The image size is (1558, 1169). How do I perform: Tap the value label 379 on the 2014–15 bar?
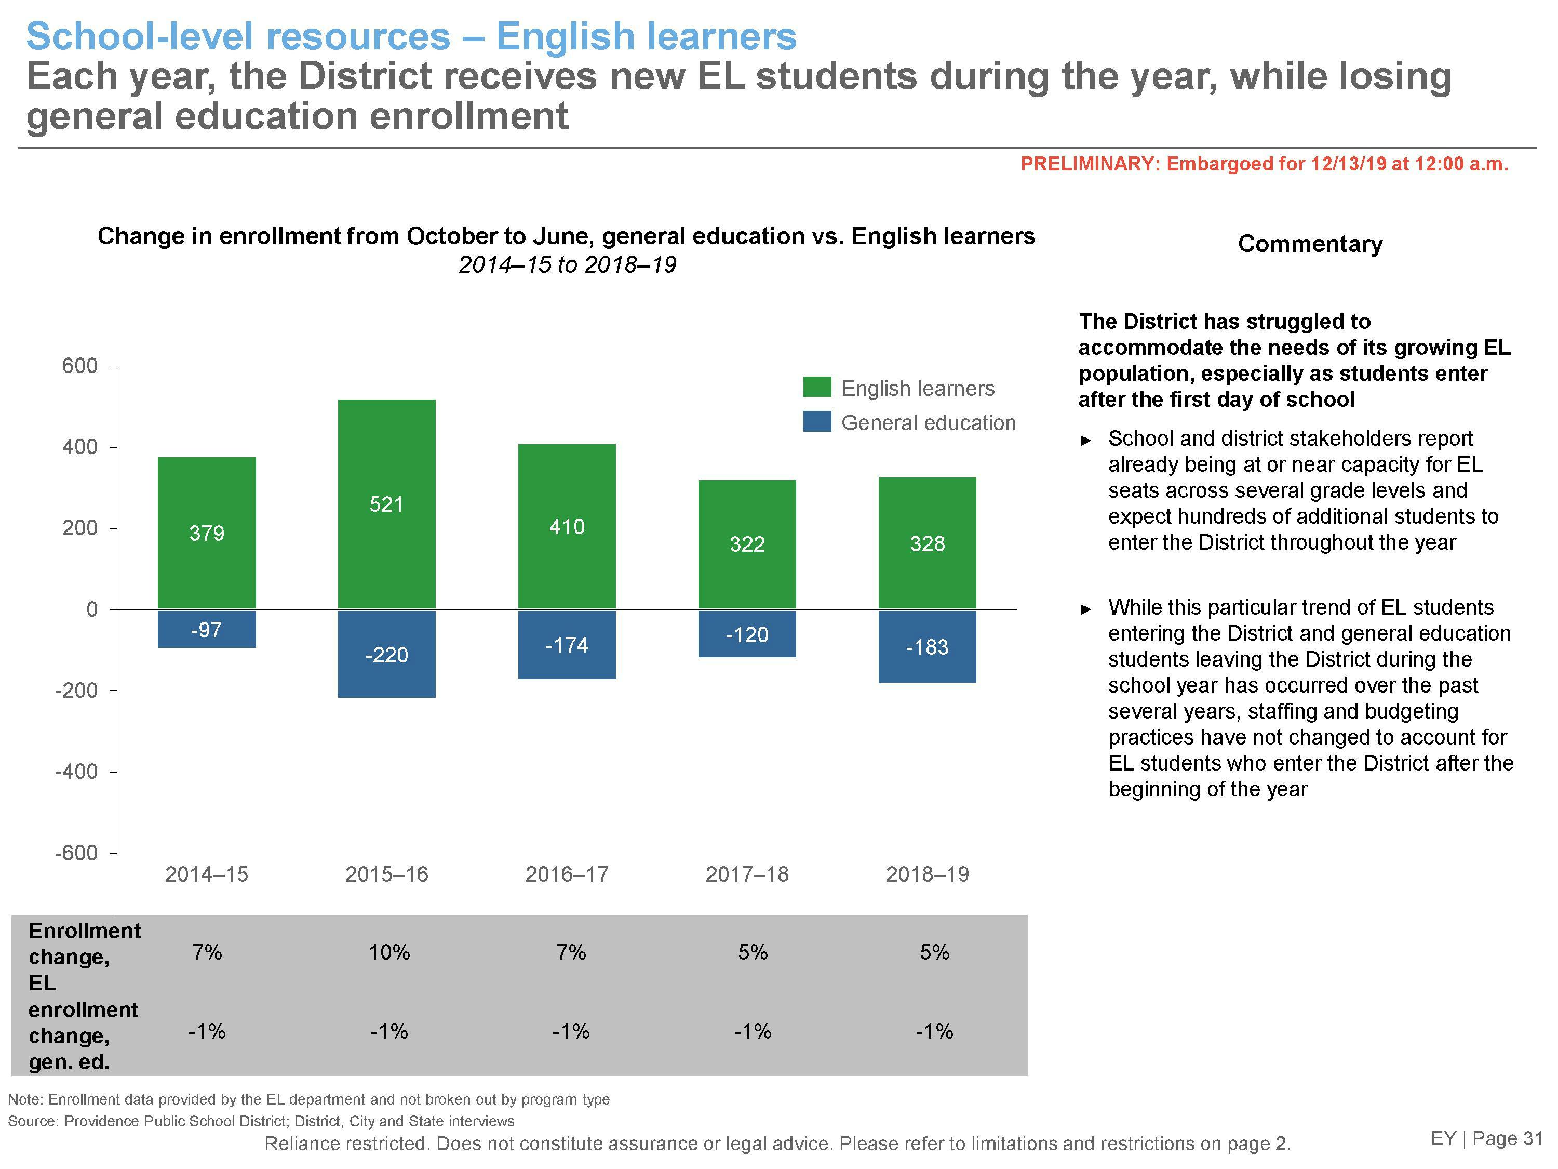point(206,534)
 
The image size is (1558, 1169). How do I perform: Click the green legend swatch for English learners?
point(817,388)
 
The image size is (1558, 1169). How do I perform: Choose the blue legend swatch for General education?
point(817,422)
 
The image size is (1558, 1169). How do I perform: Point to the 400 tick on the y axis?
point(79,447)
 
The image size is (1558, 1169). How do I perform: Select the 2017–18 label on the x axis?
point(747,874)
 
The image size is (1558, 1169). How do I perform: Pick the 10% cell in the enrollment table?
point(389,953)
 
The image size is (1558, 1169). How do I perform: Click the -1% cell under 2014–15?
point(206,1032)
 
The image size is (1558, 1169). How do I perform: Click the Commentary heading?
point(1309,244)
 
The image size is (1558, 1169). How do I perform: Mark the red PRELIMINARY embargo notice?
point(1264,164)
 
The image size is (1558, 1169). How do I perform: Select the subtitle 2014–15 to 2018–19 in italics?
point(567,265)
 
